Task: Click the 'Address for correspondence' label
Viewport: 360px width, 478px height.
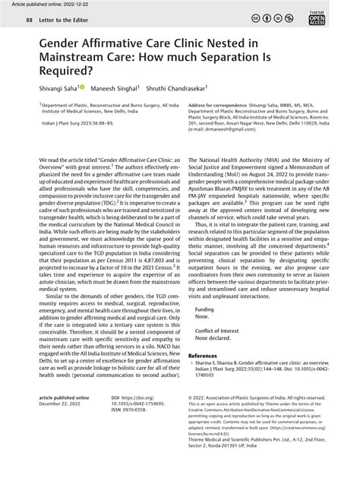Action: (x=219, y=105)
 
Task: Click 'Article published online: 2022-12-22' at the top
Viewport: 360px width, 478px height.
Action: (x=47, y=5)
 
